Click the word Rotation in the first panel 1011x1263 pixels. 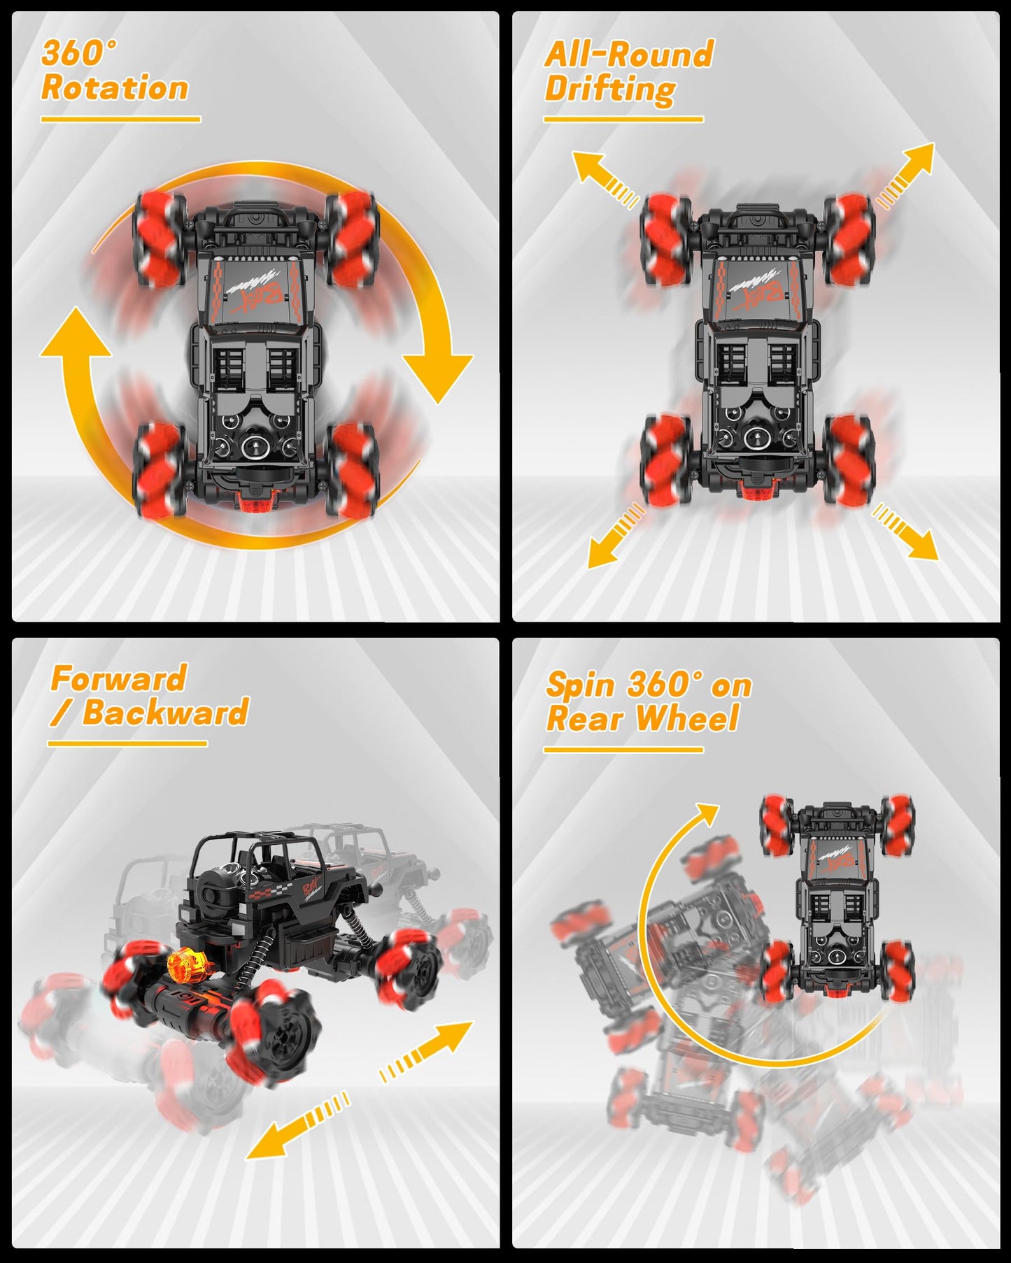(x=115, y=89)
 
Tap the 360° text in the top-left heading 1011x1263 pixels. (x=78, y=54)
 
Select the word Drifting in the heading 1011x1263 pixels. (x=609, y=90)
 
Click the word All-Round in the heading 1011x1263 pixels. (x=629, y=55)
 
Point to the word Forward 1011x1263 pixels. (x=118, y=679)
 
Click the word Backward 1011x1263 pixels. (x=165, y=713)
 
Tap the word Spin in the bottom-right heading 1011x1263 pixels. (x=580, y=685)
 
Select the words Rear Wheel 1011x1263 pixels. (x=642, y=719)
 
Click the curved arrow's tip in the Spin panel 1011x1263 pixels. (x=707, y=813)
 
